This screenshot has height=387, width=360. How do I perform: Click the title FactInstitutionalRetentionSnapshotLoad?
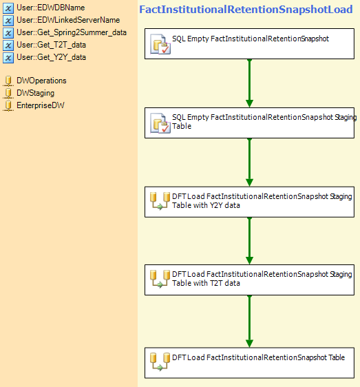(246, 10)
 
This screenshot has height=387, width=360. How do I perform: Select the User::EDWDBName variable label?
(50, 8)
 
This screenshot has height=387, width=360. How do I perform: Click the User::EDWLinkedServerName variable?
(68, 20)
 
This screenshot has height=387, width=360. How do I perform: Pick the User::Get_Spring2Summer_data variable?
(72, 32)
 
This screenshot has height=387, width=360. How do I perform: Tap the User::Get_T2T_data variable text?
(52, 45)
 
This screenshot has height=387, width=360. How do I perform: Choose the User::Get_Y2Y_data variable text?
(52, 57)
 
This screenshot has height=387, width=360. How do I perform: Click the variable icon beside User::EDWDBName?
(8, 8)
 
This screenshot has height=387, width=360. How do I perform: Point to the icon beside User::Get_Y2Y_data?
(8, 58)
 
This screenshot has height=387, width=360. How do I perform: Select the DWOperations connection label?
(41, 81)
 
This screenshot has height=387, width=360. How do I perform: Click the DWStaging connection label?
(36, 93)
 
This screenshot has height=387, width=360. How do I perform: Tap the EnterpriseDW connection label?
(41, 105)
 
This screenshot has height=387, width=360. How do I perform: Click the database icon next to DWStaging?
(8, 93)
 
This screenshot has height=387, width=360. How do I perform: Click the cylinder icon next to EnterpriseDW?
(8, 105)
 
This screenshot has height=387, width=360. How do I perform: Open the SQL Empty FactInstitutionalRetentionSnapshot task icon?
(160, 44)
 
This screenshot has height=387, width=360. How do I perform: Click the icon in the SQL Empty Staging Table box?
(160, 123)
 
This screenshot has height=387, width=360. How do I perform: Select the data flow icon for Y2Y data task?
(160, 201)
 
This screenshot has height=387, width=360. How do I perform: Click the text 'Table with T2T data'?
(206, 283)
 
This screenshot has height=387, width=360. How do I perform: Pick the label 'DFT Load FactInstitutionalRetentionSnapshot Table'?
(258, 357)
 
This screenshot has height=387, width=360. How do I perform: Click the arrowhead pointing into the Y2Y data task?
(249, 182)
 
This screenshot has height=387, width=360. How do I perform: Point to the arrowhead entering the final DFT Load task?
(249, 344)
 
